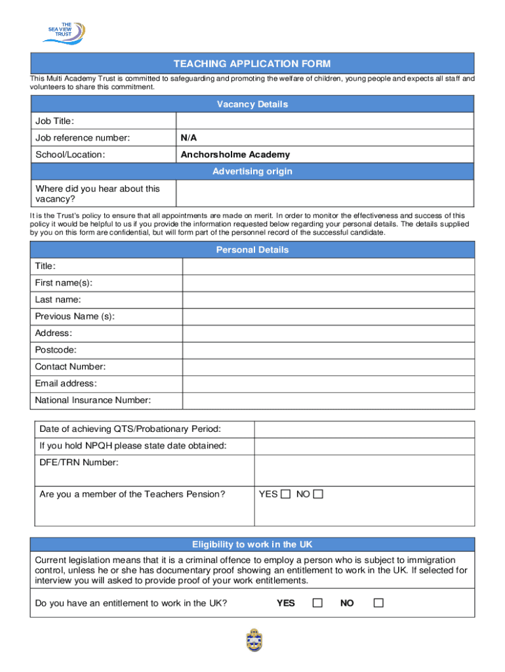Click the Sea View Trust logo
[64, 31]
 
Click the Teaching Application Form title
[252, 64]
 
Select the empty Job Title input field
[325, 121]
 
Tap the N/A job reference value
[189, 138]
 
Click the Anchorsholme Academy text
[235, 155]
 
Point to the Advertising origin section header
[252, 172]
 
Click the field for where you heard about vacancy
[325, 194]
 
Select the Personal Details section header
[252, 250]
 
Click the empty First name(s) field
[328, 283]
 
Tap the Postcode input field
[328, 350]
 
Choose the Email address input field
[328, 383]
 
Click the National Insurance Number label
[92, 400]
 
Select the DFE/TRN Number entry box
[364, 471]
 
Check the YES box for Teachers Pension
[285, 494]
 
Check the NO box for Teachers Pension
[318, 494]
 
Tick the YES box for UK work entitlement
[317, 602]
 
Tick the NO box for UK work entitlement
[378, 602]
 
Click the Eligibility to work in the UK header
[252, 545]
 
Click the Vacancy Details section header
[252, 104]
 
